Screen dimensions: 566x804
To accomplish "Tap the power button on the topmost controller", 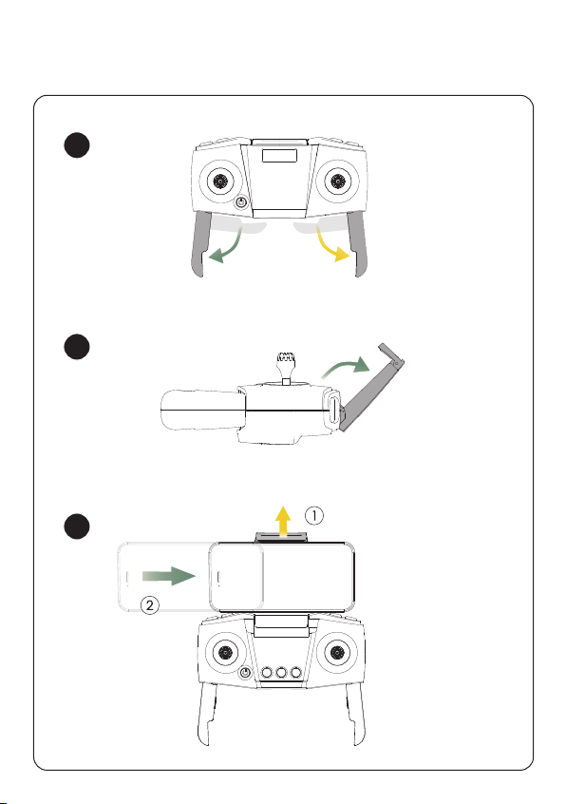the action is [241, 202].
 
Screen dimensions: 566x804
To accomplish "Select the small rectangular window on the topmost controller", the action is [279, 155].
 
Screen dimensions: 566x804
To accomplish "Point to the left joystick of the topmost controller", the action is [220, 181].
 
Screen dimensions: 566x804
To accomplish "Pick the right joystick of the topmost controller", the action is [337, 181].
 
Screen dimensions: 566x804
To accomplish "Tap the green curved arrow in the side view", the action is [347, 367].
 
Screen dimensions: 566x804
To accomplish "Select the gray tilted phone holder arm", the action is [373, 387].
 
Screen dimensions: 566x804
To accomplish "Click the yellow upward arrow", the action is [282, 522].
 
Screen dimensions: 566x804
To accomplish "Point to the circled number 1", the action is [314, 515].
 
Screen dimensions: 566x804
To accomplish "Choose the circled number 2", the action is [149, 605].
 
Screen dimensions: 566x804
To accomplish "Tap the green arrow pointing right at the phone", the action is [169, 576].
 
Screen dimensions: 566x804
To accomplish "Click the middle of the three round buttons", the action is [281, 672].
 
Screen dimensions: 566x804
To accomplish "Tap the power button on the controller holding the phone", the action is [246, 672].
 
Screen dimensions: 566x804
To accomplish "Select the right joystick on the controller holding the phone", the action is [337, 652].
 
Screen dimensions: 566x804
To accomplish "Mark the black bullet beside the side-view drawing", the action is [77, 347].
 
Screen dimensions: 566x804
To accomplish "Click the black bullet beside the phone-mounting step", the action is [77, 526].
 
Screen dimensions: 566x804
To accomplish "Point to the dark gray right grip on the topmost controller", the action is [358, 243].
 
